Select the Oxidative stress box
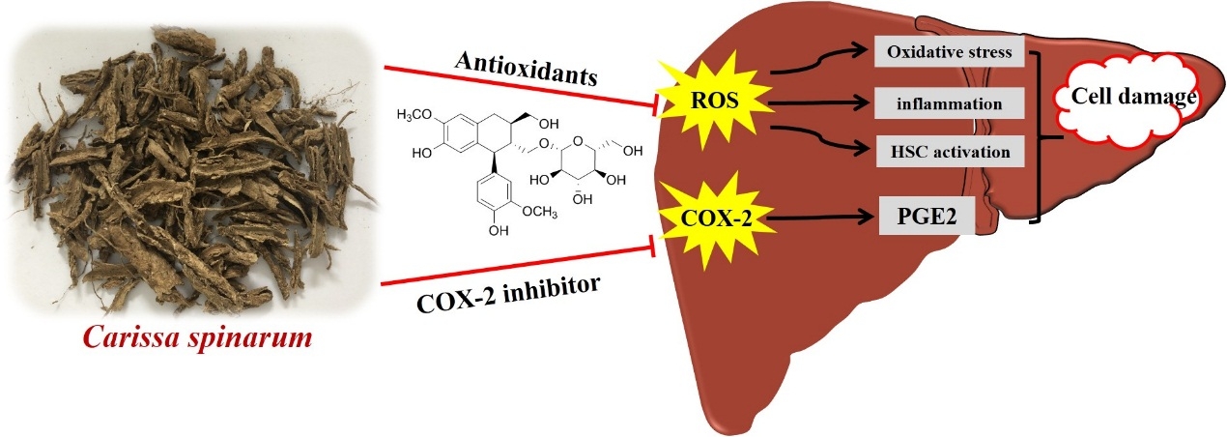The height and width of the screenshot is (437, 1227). coord(948,53)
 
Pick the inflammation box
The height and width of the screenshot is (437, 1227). coord(948,102)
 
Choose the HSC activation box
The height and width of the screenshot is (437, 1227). coord(948,151)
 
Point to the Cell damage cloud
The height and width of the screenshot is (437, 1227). coord(1131,98)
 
